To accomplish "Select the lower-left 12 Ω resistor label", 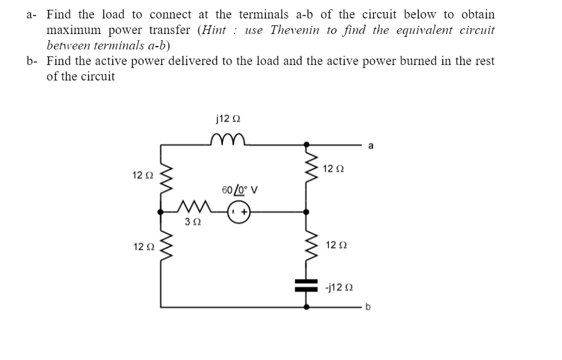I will (x=141, y=247).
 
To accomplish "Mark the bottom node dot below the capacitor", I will (x=305, y=307).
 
